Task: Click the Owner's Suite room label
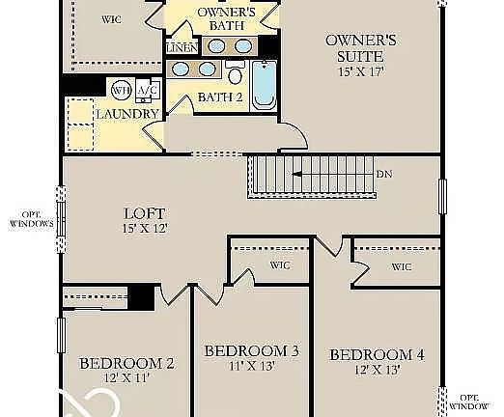click(x=361, y=48)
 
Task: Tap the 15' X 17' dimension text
click(x=361, y=71)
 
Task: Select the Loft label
click(x=145, y=213)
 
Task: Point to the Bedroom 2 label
click(x=126, y=364)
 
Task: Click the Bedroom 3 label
click(x=252, y=351)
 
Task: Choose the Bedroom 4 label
click(x=378, y=355)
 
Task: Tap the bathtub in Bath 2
click(x=264, y=85)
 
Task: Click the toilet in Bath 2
click(x=236, y=72)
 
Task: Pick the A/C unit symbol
click(x=148, y=91)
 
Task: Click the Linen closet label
click(x=182, y=48)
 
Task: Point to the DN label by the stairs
click(x=384, y=174)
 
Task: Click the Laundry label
click(x=127, y=114)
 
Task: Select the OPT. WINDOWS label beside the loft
click(x=31, y=219)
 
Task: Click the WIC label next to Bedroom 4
click(x=402, y=266)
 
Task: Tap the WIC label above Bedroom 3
click(x=280, y=265)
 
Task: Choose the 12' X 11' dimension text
click(x=126, y=377)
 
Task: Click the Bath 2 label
click(x=220, y=97)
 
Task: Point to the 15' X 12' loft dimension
click(x=145, y=229)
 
